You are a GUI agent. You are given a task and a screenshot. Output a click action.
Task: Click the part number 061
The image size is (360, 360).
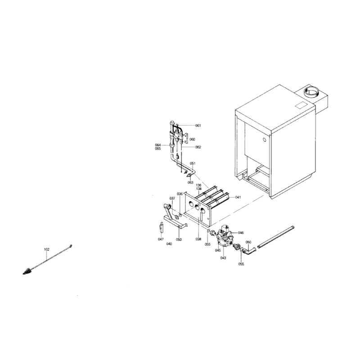point(198,126)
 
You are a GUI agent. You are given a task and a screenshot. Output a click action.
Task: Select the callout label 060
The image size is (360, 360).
point(193,139)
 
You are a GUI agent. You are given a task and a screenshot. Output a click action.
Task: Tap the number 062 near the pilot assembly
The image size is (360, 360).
point(198,147)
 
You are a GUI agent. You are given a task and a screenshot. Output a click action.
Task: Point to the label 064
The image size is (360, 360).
point(158,145)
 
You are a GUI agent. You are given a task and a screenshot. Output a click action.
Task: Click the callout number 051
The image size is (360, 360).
point(193,163)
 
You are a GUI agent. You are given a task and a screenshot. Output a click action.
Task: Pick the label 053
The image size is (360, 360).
point(190,183)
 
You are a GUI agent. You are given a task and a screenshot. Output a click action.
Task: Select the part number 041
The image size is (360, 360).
point(238,197)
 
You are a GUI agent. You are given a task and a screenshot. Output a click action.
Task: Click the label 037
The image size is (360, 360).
point(172,198)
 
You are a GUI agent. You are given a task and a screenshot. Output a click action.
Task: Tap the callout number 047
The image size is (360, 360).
point(161,239)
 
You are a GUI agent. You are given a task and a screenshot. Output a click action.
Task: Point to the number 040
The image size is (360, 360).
point(169,244)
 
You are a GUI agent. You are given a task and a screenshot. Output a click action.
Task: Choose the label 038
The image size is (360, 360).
point(198,239)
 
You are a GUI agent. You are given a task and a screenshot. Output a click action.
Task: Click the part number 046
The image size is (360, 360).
point(241,233)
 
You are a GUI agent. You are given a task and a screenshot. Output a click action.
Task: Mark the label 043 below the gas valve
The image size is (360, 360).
point(223,258)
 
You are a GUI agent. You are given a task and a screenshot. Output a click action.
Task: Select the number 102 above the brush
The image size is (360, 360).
point(47,249)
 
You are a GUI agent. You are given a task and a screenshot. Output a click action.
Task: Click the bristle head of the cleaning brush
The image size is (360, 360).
point(27,271)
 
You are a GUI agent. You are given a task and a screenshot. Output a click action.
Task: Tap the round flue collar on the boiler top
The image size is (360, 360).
point(311,92)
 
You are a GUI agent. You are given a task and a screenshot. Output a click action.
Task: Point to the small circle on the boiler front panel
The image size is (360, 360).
point(264,139)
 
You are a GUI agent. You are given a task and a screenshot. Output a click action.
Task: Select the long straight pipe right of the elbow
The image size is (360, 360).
point(276,237)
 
